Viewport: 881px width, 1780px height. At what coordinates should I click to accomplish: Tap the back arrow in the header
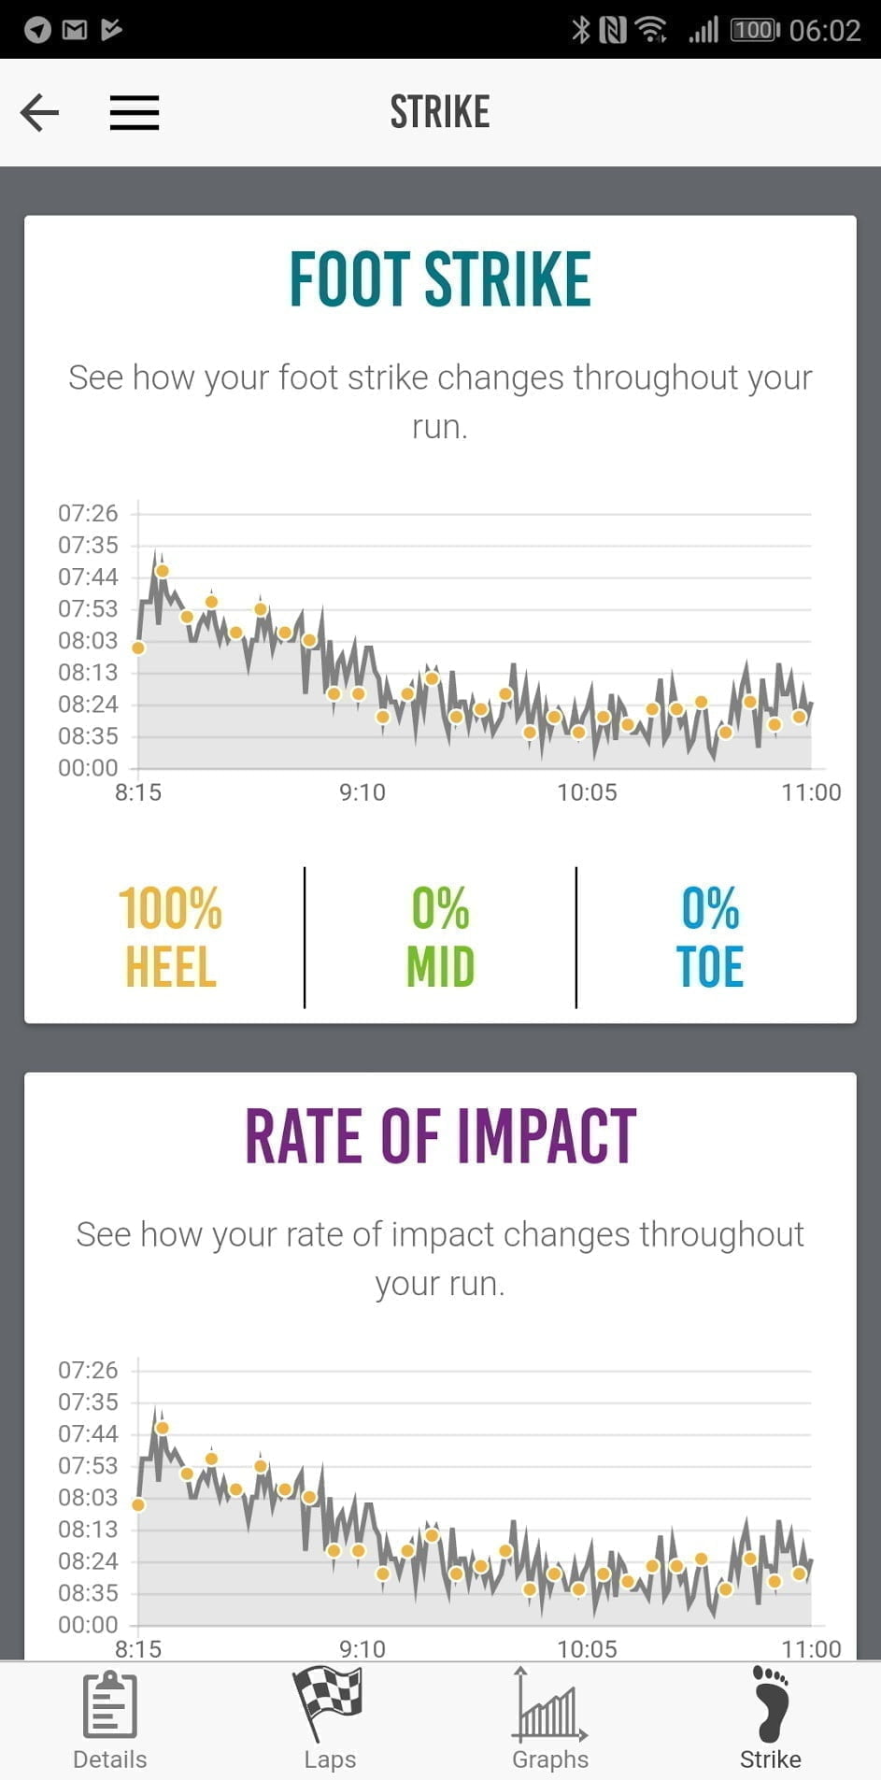[x=39, y=112]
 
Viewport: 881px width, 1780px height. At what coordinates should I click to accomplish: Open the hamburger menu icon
[x=135, y=112]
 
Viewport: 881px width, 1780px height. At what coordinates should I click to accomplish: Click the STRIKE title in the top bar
[x=439, y=112]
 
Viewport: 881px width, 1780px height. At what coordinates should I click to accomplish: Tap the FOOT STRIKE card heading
[x=439, y=278]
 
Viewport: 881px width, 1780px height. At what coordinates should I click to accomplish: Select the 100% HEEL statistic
[x=170, y=937]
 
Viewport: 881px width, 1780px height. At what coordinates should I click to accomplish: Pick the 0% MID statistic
[x=440, y=937]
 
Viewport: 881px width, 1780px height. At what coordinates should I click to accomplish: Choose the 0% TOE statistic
[x=710, y=937]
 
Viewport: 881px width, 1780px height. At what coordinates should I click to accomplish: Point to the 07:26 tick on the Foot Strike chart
[x=88, y=513]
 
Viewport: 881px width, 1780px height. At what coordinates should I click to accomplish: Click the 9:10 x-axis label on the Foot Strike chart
[x=362, y=792]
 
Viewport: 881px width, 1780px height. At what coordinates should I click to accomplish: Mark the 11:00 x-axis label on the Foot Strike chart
[x=810, y=792]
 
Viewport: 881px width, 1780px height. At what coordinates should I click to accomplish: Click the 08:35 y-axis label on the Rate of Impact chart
[x=88, y=1592]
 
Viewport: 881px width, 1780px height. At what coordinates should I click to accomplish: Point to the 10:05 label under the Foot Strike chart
[x=587, y=792]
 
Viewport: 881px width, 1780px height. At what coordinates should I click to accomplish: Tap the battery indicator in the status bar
[x=754, y=30]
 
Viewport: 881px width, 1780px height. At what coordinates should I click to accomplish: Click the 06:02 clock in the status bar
[x=824, y=30]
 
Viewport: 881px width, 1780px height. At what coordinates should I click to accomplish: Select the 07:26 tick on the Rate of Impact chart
[x=88, y=1370]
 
